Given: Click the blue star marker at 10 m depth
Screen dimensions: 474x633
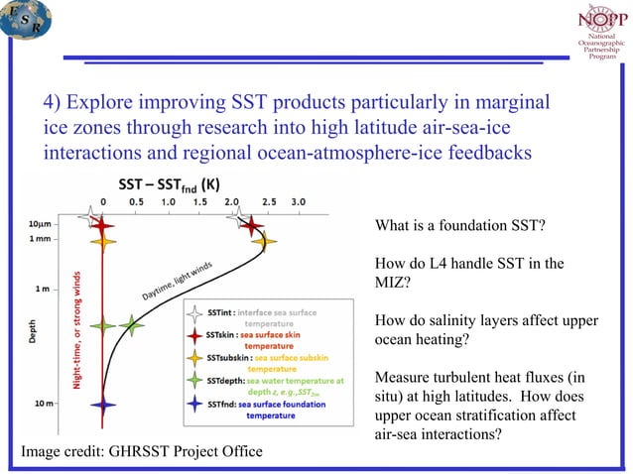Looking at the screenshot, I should coord(102,404).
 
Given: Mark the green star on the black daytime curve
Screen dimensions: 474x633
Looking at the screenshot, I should coord(132,324).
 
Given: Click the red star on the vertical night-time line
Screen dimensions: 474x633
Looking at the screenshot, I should coord(102,226).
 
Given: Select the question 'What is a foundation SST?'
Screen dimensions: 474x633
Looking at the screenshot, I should coord(459,227).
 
